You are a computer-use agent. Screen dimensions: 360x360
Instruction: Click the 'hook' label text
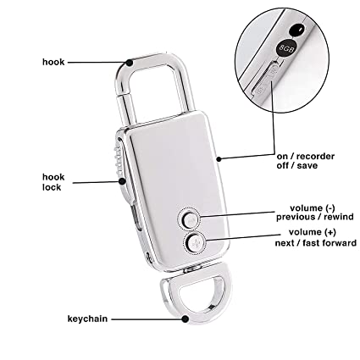pyautogui.click(x=53, y=62)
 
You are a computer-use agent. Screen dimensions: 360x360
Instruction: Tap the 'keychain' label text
pyautogui.click(x=87, y=319)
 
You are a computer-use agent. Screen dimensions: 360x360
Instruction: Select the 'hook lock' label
pyautogui.click(x=53, y=182)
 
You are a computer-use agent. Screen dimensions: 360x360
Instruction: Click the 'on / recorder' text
pyautogui.click(x=306, y=156)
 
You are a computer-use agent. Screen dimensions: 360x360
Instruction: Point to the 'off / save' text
pyautogui.click(x=297, y=165)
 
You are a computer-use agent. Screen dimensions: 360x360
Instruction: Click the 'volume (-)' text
pyautogui.click(x=313, y=208)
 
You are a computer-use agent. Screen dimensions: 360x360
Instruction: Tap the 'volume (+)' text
pyautogui.click(x=313, y=232)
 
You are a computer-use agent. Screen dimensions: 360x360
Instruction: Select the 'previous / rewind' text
pyautogui.click(x=315, y=217)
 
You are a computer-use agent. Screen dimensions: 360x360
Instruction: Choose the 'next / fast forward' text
pyautogui.click(x=316, y=243)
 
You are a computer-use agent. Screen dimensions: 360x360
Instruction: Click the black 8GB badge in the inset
pyautogui.click(x=285, y=48)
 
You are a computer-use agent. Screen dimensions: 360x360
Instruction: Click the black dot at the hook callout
pyautogui.click(x=130, y=63)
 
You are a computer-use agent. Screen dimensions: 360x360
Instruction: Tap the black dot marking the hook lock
pyautogui.click(x=122, y=181)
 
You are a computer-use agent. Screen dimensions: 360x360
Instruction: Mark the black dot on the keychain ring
pyautogui.click(x=185, y=319)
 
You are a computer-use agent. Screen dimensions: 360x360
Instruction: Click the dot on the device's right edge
pyautogui.click(x=219, y=159)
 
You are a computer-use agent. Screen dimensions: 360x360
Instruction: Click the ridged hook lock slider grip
pyautogui.click(x=118, y=159)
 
